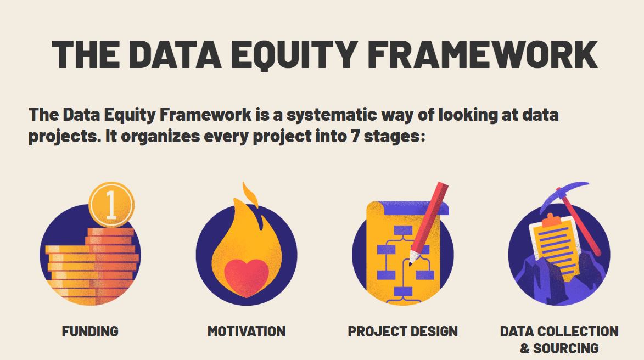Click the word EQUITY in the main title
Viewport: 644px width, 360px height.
[294, 54]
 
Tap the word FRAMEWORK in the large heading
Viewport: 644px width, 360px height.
[483, 54]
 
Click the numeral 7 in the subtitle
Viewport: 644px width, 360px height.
[355, 136]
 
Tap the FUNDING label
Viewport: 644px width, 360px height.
[90, 331]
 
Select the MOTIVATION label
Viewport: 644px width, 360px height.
[247, 331]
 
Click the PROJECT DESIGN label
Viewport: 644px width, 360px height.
[402, 331]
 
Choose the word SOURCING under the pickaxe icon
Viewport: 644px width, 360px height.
[565, 348]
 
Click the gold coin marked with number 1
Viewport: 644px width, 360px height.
[111, 205]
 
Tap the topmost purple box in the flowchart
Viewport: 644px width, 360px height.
[403, 230]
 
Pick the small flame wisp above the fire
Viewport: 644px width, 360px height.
[250, 195]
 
